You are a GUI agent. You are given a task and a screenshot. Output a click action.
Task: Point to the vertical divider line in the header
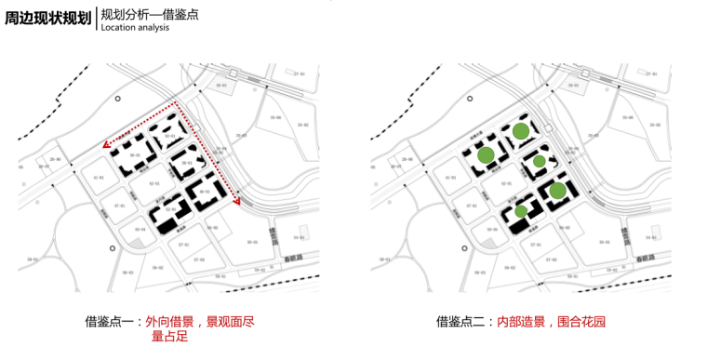click(x=96, y=20)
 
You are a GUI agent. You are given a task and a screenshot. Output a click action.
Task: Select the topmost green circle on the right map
click(x=521, y=132)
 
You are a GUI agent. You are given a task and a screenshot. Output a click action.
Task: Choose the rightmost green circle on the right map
click(x=557, y=191)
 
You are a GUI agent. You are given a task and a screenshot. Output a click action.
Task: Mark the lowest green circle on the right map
click(x=521, y=212)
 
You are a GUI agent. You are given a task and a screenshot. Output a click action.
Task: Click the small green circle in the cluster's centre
click(x=539, y=163)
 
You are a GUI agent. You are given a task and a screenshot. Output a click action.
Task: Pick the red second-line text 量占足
click(x=169, y=337)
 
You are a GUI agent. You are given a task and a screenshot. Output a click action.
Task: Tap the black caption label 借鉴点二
click(x=463, y=322)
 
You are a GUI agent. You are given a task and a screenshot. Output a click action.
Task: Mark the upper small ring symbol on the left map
click(x=117, y=99)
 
